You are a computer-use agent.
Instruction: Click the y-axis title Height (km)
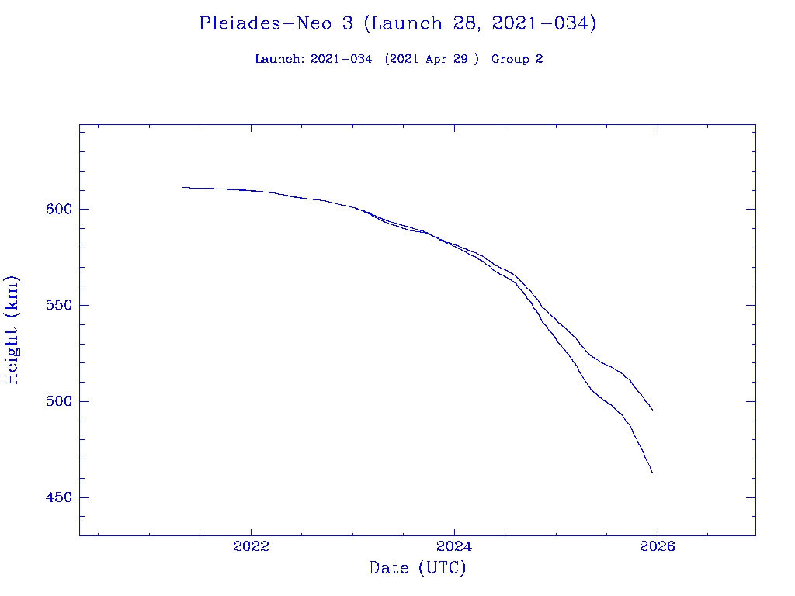12,330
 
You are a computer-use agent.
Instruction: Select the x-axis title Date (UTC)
417,568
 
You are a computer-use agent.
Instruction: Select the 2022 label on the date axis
251,546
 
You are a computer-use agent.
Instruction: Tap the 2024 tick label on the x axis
454,546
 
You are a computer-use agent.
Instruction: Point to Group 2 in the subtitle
517,59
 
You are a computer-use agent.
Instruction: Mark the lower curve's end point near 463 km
652,473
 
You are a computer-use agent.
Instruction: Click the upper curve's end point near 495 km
652,410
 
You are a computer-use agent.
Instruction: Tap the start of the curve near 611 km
183,187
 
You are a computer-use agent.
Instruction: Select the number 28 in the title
455,23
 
